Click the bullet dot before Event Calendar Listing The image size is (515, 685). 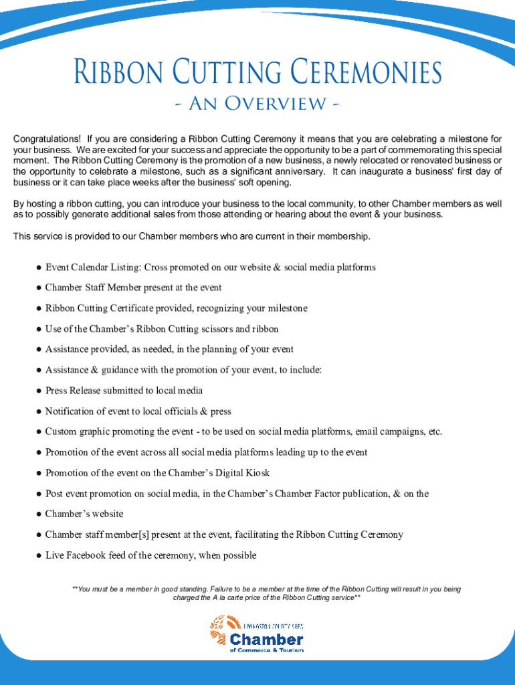39,268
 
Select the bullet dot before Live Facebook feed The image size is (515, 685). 39,556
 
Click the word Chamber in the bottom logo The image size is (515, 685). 267,639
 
